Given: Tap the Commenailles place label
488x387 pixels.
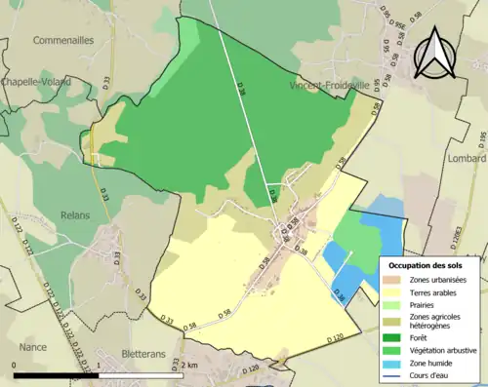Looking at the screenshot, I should (x=62, y=41).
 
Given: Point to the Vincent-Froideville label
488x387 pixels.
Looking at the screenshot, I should (x=335, y=86).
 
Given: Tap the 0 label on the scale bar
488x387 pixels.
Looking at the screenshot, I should (x=16, y=366).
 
